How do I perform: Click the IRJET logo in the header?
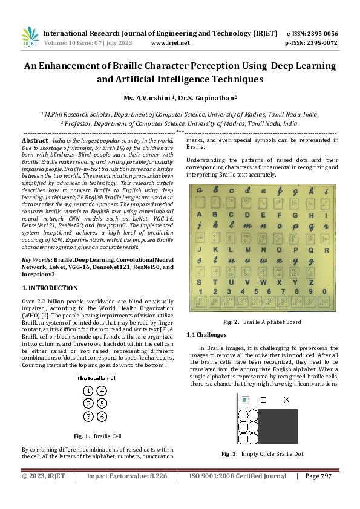[30, 37]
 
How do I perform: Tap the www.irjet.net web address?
[170, 43]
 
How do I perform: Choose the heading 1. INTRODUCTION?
[50, 288]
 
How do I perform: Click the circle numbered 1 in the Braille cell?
[88, 391]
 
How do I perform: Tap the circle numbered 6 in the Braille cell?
[102, 416]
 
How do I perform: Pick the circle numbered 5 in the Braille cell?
[102, 403]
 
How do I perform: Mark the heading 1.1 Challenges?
[206, 334]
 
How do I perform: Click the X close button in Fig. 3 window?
[287, 400]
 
